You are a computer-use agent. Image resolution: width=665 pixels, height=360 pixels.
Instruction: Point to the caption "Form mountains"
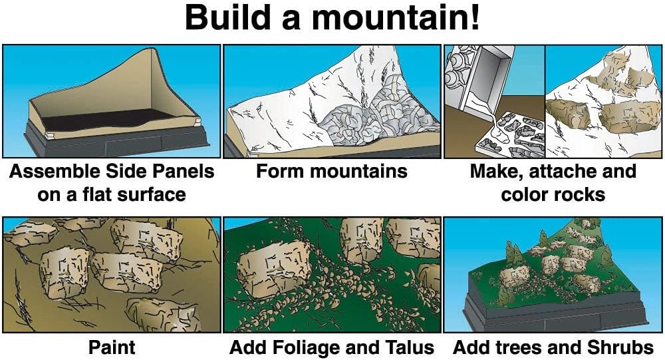[x=331, y=172]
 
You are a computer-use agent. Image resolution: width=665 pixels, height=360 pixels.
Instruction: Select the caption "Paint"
[x=111, y=347]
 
